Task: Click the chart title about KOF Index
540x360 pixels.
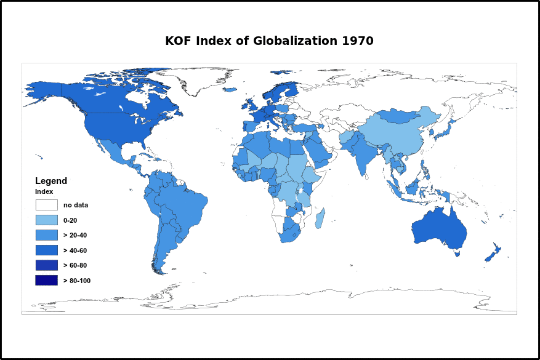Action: point(269,41)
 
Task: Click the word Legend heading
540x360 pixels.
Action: point(51,181)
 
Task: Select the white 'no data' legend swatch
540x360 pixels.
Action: point(46,205)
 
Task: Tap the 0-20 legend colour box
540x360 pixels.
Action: point(46,220)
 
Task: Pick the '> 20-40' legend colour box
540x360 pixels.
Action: point(46,235)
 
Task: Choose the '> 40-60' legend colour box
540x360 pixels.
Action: point(46,250)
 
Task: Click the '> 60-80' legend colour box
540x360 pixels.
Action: point(46,265)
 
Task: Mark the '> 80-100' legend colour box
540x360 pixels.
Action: point(46,280)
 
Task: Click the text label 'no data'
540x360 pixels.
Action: point(76,205)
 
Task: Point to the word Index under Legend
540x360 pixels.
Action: point(44,191)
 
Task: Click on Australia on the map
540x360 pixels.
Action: point(438,230)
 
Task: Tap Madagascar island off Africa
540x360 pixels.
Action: point(320,218)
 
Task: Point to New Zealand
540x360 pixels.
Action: point(493,253)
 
